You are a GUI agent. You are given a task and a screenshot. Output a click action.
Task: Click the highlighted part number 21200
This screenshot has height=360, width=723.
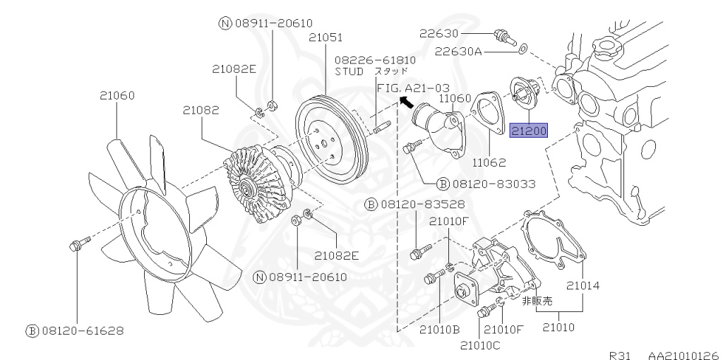tap(529, 131)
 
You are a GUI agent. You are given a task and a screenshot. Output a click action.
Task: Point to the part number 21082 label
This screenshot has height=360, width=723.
tap(201, 110)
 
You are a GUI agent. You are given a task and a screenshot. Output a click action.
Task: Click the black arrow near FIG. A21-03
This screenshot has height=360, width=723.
tap(406, 102)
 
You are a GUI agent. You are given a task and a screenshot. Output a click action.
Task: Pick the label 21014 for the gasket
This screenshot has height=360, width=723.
tap(582, 286)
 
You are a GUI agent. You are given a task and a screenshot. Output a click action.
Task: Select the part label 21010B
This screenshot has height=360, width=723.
tap(440, 330)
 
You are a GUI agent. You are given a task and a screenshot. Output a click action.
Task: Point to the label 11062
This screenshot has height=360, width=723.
tap(490, 162)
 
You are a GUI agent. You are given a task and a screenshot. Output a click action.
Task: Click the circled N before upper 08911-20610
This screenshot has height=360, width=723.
tap(225, 23)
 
